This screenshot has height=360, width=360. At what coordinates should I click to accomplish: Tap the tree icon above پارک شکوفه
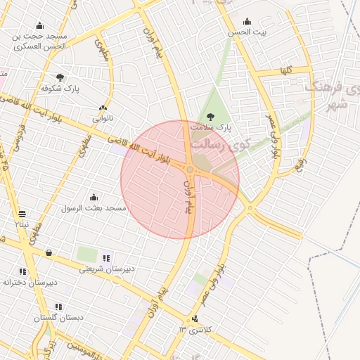pyautogui.click(x=60, y=77)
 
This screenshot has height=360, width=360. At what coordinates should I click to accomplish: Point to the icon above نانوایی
pyautogui.click(x=103, y=108)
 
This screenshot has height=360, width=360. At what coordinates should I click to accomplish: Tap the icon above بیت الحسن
pyautogui.click(x=246, y=21)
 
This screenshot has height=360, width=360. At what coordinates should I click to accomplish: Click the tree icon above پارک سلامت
pyautogui.click(x=209, y=117)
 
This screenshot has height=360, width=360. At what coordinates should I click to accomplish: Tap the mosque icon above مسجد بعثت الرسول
pyautogui.click(x=94, y=197)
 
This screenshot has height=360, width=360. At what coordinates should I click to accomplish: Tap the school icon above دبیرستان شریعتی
pyautogui.click(x=106, y=258)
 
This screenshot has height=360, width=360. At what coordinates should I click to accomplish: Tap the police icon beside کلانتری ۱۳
pyautogui.click(x=195, y=320)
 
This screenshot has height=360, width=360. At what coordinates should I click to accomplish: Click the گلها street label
pyautogui.click(x=285, y=70)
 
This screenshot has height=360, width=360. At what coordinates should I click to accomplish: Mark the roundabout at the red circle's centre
pyautogui.click(x=190, y=169)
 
